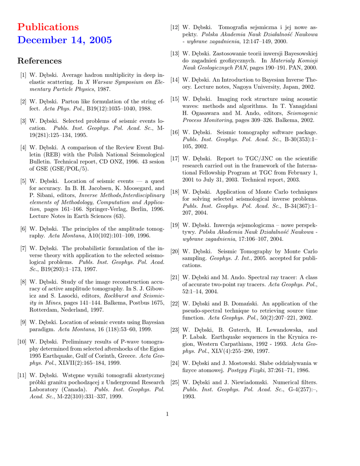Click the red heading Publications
48,27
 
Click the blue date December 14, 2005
64,40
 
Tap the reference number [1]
22,74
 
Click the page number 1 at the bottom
167,414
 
